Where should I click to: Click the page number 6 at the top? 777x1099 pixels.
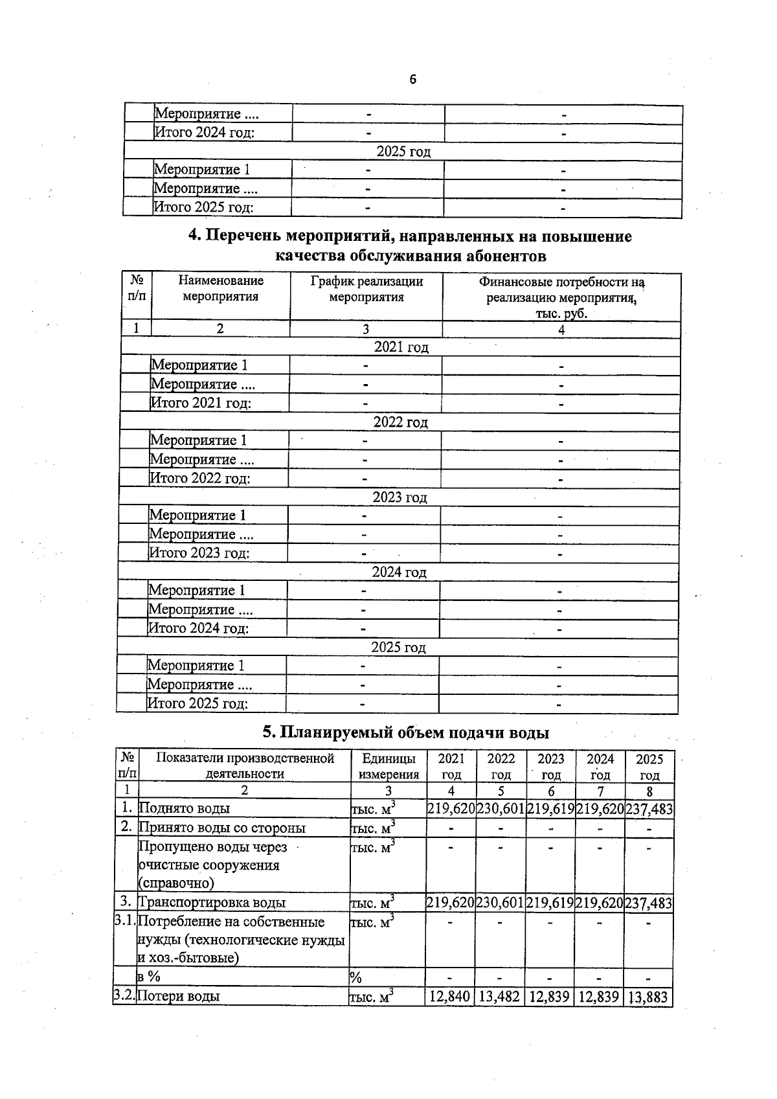tap(412, 80)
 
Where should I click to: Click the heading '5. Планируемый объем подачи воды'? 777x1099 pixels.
tap(406, 732)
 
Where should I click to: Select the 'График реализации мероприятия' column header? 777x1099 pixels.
tap(366, 289)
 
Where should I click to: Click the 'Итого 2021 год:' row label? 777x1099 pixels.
tap(201, 403)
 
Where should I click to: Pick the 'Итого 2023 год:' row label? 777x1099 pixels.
tap(199, 553)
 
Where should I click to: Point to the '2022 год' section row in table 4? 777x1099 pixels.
tap(400, 422)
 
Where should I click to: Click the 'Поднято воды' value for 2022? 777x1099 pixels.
tap(501, 809)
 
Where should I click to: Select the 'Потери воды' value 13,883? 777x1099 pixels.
tap(648, 997)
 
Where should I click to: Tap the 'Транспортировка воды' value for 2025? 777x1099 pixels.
tap(649, 903)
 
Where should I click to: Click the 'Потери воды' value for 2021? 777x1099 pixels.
tap(450, 997)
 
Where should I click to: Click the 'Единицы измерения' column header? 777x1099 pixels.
tap(388, 766)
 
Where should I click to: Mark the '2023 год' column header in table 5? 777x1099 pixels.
tap(551, 766)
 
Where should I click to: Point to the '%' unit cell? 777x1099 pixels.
tap(355, 977)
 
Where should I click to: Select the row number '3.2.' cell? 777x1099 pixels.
tap(124, 996)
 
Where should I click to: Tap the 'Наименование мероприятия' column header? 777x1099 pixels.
tap(221, 289)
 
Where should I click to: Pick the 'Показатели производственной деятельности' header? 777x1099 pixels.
tap(245, 766)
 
